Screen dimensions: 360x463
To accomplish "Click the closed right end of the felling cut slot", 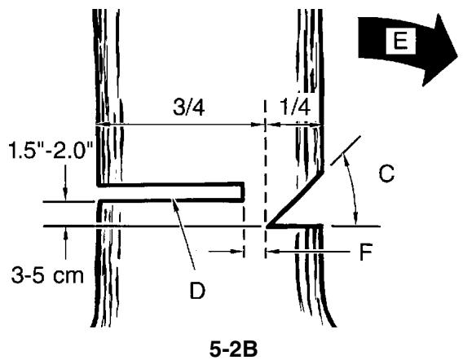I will coord(244,191).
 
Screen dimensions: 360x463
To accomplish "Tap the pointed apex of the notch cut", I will coord(267,225).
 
